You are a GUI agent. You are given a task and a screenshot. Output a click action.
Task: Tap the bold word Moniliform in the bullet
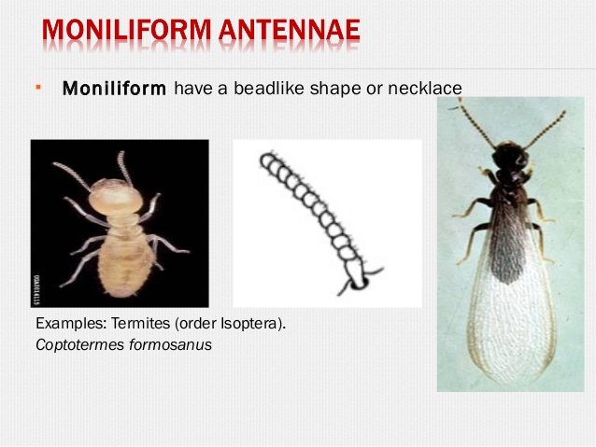114,90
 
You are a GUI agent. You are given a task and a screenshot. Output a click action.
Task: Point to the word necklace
427,89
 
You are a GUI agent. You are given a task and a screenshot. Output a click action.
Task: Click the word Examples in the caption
65,325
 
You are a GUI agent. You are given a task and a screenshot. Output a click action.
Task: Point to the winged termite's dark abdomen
507,233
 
